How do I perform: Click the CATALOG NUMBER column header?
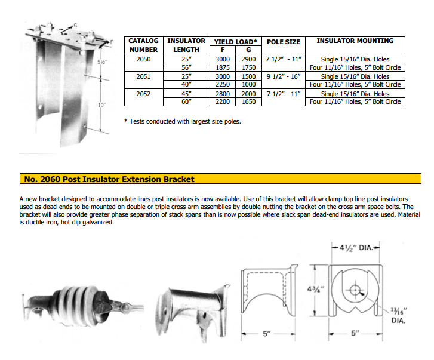143,45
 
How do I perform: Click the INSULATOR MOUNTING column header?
355,41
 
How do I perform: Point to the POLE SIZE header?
283,42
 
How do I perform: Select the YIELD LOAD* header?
236,42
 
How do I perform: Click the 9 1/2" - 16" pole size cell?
283,76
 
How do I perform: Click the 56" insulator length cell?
186,67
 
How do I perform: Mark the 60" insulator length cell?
186,102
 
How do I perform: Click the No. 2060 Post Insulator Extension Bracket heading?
109,179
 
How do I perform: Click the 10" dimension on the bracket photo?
101,105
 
